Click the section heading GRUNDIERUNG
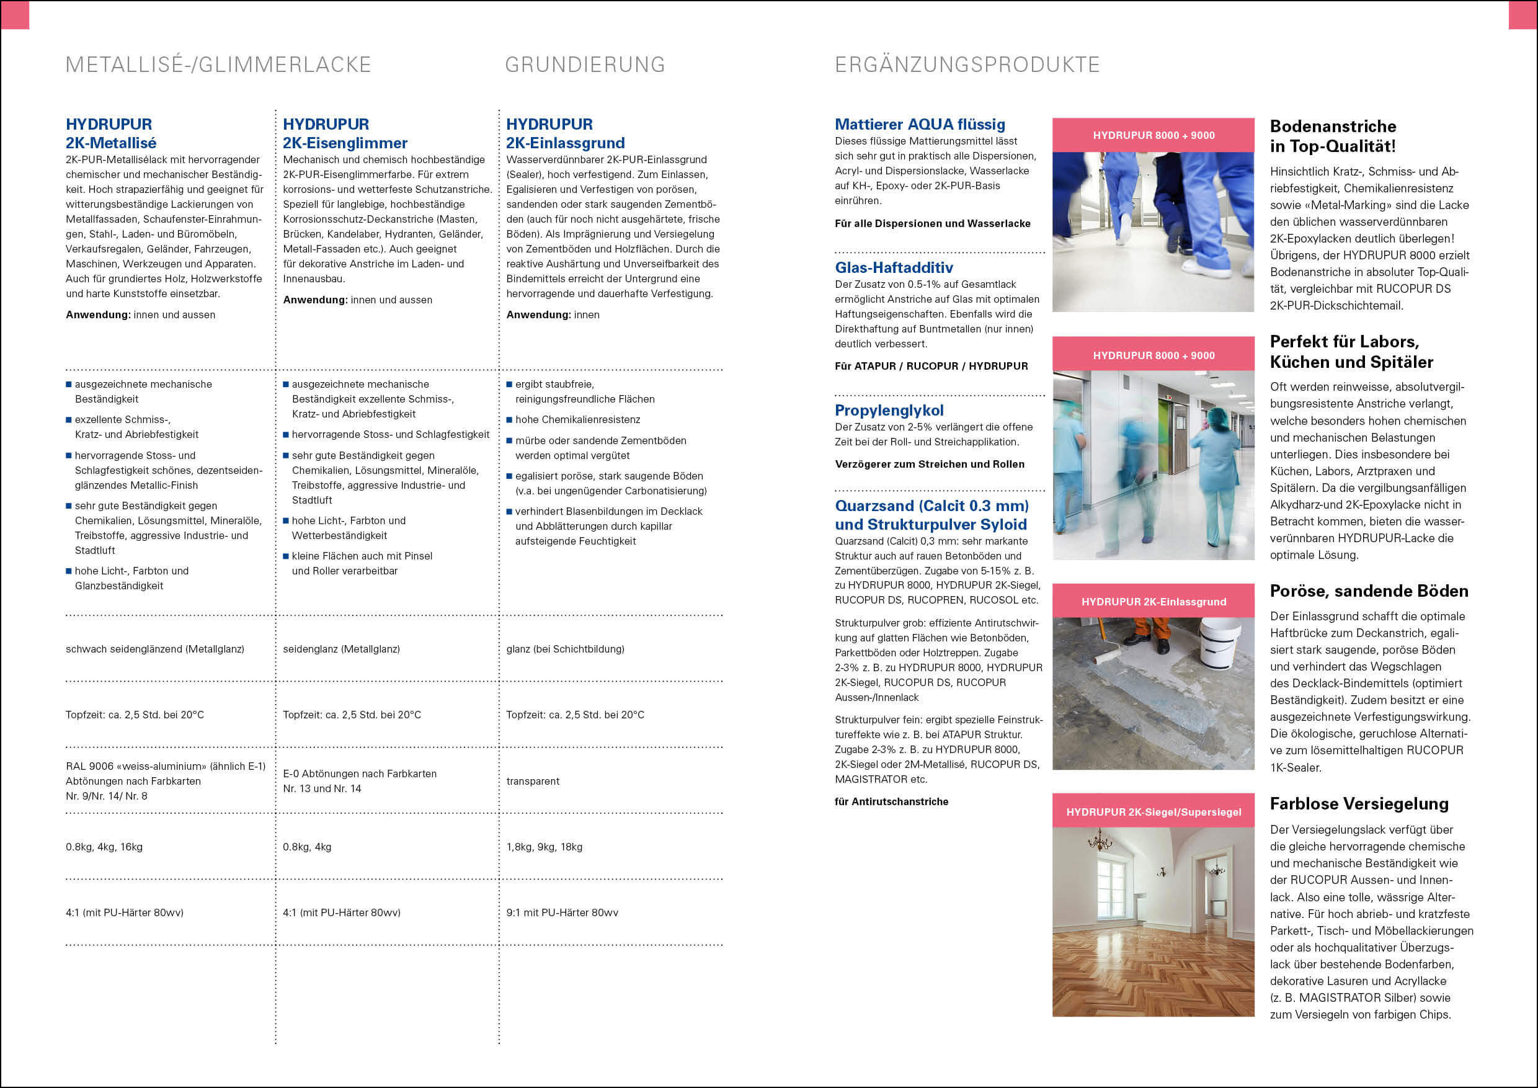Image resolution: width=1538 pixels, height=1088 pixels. [x=585, y=65]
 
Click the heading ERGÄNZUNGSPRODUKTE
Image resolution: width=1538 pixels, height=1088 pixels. [x=967, y=65]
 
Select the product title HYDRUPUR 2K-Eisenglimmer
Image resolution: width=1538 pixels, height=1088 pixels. [x=344, y=133]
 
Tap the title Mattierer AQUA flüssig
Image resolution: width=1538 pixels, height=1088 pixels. [x=919, y=124]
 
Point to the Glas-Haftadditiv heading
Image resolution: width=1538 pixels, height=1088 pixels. [x=894, y=267]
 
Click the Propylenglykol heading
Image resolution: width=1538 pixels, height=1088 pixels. [x=889, y=410]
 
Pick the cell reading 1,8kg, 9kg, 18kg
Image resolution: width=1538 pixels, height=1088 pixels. [x=544, y=847]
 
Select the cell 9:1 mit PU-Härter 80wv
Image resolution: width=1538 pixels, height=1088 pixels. [x=562, y=912]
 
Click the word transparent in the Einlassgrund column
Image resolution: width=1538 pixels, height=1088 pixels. [x=533, y=781]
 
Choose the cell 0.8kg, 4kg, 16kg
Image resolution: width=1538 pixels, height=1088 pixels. [x=104, y=847]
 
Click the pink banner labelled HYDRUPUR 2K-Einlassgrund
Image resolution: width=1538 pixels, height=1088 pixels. [x=1153, y=601]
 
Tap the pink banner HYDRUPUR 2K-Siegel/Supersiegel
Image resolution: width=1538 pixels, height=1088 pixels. [x=1153, y=811]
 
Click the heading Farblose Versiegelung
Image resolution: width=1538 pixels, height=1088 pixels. [x=1359, y=803]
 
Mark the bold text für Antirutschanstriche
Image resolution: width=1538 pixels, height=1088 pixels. [x=891, y=801]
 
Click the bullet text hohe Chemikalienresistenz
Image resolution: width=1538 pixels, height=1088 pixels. [x=577, y=419]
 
